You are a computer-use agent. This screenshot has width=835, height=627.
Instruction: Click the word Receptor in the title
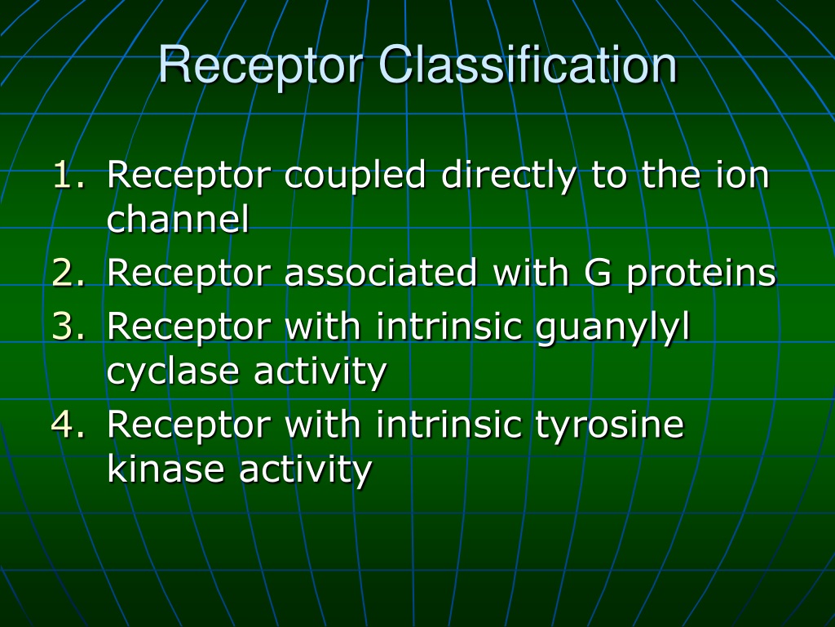(x=261, y=65)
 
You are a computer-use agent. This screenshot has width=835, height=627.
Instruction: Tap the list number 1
(x=68, y=175)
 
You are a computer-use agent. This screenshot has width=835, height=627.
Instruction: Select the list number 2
(x=68, y=273)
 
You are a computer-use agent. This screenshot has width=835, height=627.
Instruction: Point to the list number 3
(x=68, y=326)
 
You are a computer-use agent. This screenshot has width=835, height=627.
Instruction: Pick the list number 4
(x=68, y=424)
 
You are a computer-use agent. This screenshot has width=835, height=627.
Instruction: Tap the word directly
(x=509, y=176)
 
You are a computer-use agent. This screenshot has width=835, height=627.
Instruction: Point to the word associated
(x=380, y=272)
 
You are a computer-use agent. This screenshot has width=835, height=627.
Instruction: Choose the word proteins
(x=701, y=274)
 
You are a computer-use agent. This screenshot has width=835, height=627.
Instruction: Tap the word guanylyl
(x=612, y=328)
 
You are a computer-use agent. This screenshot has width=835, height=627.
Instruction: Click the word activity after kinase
(x=305, y=469)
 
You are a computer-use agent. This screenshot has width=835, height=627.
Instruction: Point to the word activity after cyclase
(x=320, y=371)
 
